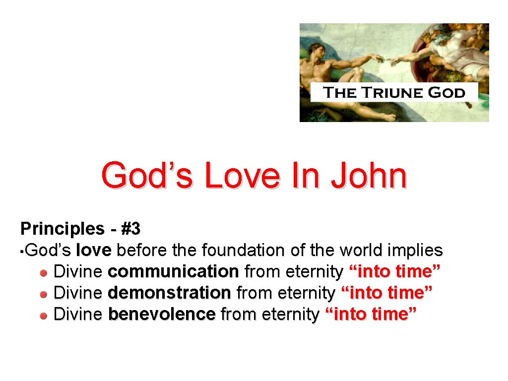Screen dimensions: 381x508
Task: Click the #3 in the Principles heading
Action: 131,229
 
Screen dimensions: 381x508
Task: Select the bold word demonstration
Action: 169,293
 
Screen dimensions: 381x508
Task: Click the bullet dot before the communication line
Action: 44,272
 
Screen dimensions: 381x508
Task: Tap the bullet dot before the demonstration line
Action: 44,294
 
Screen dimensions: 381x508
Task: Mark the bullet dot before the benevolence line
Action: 44,315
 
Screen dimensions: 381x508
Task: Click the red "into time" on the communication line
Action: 395,272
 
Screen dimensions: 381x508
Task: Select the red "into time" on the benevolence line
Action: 370,314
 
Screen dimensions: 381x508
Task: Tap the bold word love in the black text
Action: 94,251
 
